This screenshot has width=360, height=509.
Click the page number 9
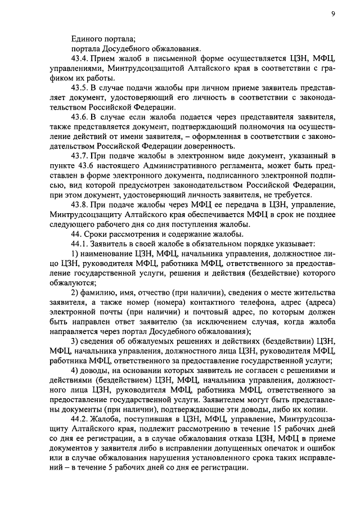(333, 13)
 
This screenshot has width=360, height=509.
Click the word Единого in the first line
(87, 38)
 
